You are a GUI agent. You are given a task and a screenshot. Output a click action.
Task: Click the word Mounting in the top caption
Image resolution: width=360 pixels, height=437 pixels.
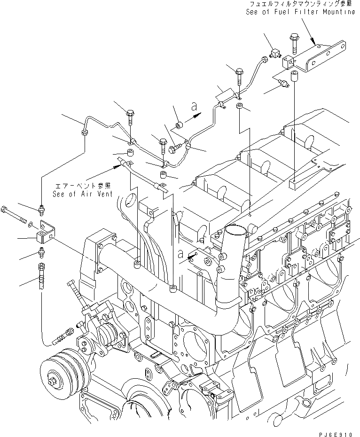(337, 11)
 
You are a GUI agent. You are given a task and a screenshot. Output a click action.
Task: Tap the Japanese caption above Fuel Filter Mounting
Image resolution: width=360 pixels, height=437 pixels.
(301, 4)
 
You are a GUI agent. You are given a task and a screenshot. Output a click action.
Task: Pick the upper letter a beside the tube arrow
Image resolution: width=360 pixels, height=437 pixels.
(194, 107)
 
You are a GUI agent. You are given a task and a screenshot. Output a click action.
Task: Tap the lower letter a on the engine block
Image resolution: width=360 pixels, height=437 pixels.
(181, 254)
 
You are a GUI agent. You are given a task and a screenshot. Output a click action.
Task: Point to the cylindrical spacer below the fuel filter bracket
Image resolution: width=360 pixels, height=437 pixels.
(295, 76)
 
